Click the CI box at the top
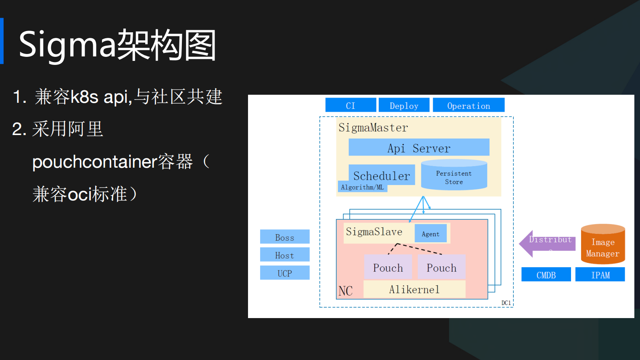tap(350, 105)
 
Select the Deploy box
tap(404, 105)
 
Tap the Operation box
tap(468, 105)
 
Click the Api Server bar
tap(419, 148)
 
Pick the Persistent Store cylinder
tap(454, 176)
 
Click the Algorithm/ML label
tap(362, 187)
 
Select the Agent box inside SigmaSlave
tap(430, 234)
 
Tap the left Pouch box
tap(388, 267)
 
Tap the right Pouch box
tap(441, 267)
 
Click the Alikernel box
tap(414, 289)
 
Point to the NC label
tap(346, 291)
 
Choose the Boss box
tap(285, 237)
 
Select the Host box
tap(285, 255)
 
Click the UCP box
tap(285, 273)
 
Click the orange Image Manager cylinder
tap(602, 245)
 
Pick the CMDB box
tap(546, 275)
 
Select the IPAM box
tap(600, 275)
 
